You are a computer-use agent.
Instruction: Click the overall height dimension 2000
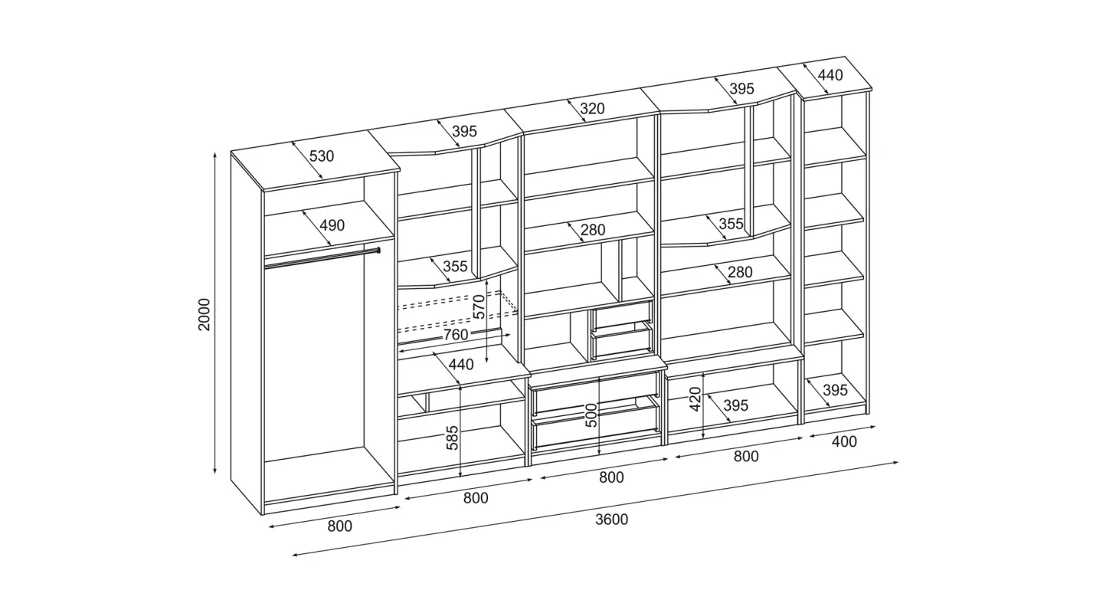204,314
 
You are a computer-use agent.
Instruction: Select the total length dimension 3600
611,520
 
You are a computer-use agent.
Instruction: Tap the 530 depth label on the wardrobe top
322,156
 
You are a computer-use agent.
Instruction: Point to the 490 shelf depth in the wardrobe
332,226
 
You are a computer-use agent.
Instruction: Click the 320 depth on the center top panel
592,108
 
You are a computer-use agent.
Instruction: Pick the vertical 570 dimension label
479,306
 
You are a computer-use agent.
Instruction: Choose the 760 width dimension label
456,335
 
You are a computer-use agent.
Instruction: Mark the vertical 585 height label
452,438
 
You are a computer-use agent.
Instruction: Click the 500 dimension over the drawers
591,415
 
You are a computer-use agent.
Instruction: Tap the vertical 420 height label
695,399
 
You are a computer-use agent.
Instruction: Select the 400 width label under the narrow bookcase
844,442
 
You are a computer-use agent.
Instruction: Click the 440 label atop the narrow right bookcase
830,75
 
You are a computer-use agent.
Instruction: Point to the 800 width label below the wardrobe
340,526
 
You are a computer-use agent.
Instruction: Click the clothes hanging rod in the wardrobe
322,258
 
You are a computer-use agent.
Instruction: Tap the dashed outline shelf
458,311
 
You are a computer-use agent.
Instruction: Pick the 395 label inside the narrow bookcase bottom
835,390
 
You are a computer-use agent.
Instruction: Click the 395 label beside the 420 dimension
735,405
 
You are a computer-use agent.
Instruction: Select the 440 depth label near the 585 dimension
461,365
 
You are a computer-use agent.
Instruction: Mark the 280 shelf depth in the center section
593,230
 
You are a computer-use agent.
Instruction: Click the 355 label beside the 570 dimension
455,267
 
